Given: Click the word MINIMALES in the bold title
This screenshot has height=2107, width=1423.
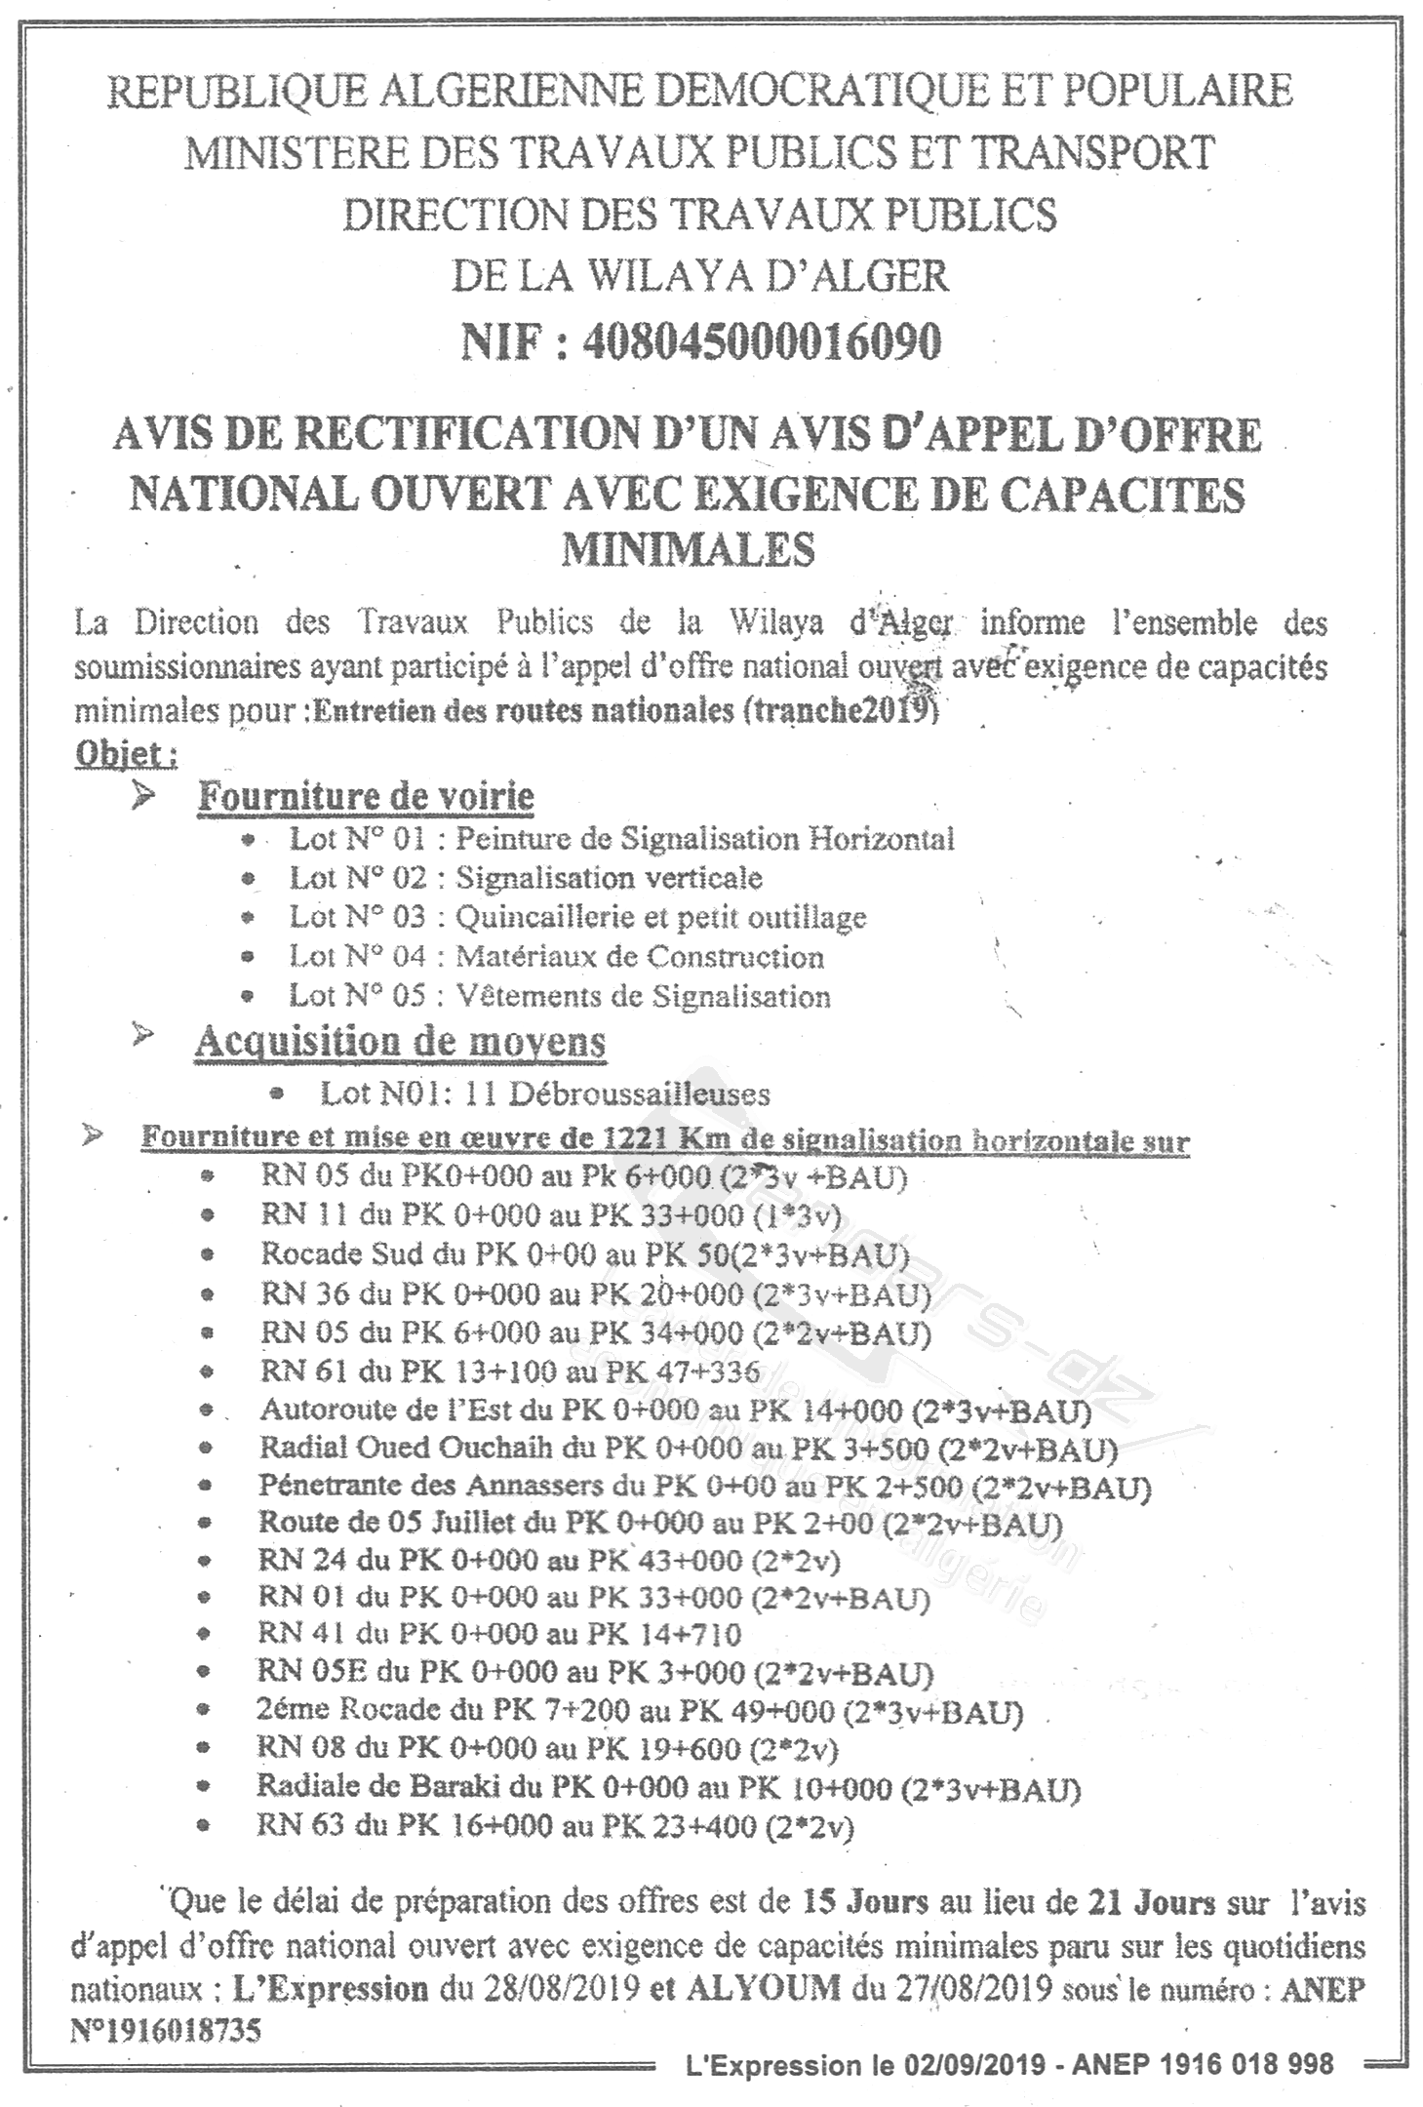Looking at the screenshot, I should [688, 549].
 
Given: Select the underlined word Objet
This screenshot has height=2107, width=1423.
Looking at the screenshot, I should [124, 754].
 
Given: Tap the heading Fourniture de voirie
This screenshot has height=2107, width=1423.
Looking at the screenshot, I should [366, 796].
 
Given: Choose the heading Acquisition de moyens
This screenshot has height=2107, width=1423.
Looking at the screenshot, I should [400, 1042].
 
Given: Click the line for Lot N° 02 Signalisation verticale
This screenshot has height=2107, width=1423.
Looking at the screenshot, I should [526, 878].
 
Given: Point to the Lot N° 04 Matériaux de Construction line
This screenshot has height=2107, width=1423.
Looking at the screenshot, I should [556, 957].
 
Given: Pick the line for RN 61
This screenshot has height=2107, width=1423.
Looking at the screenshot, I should [509, 1372].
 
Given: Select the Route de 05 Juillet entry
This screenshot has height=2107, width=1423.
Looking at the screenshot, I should [658, 1524].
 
